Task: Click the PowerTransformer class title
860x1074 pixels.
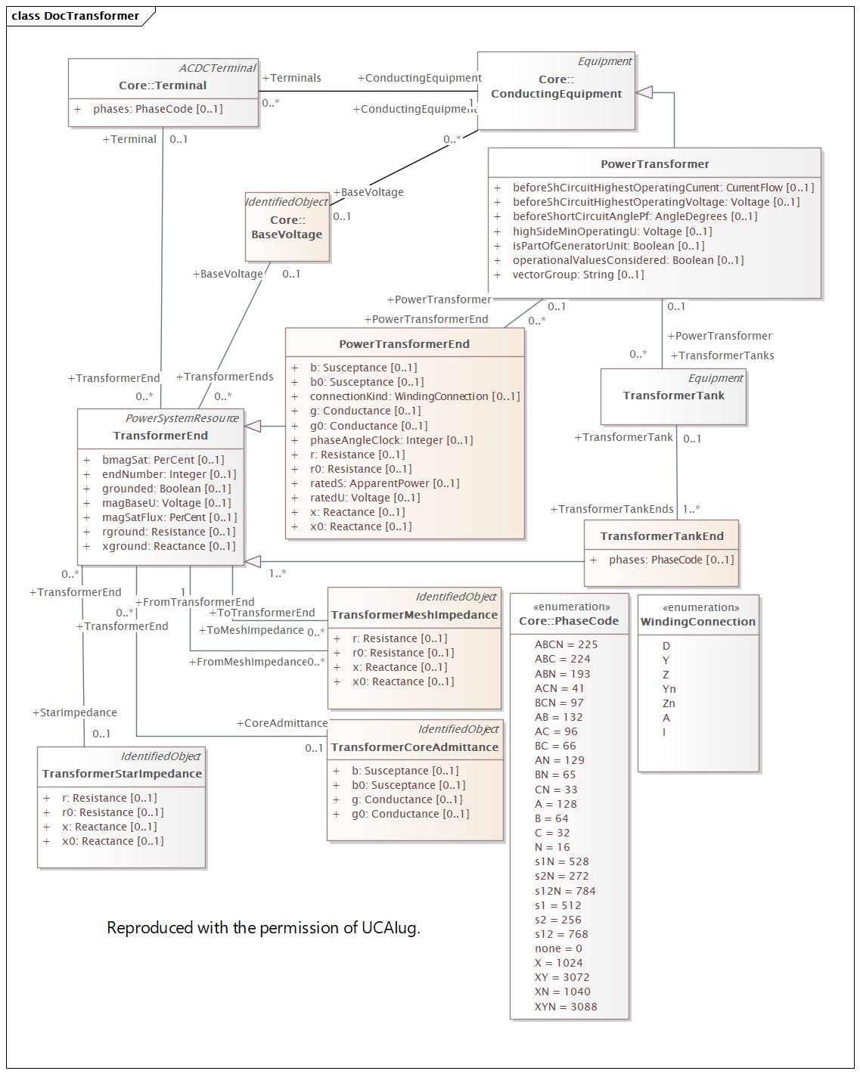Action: tap(654, 163)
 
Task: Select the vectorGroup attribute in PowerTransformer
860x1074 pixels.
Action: tap(578, 275)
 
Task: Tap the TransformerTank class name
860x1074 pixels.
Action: tap(673, 396)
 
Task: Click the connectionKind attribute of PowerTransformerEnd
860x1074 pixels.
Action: tap(414, 396)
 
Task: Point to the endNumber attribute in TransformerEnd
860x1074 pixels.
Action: tap(169, 474)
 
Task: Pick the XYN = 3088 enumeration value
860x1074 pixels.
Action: tap(566, 1007)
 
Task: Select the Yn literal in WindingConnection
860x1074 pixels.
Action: tap(669, 689)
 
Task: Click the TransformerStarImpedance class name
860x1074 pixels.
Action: tap(122, 774)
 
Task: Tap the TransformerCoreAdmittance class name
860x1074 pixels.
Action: tap(414, 747)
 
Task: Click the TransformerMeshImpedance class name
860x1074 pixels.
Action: tap(414, 614)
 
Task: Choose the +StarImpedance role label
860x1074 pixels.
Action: tap(74, 712)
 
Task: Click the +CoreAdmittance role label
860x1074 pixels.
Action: tap(282, 723)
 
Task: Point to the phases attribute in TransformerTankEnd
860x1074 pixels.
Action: tap(672, 560)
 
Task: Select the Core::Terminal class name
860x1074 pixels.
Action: tap(163, 85)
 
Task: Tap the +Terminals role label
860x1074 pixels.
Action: tap(291, 78)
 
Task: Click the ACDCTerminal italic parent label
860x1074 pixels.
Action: tap(217, 68)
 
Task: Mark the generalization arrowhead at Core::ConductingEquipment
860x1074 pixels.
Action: tap(644, 92)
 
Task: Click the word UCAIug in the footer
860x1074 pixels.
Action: tap(390, 928)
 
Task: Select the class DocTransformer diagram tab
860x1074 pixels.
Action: tap(76, 16)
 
